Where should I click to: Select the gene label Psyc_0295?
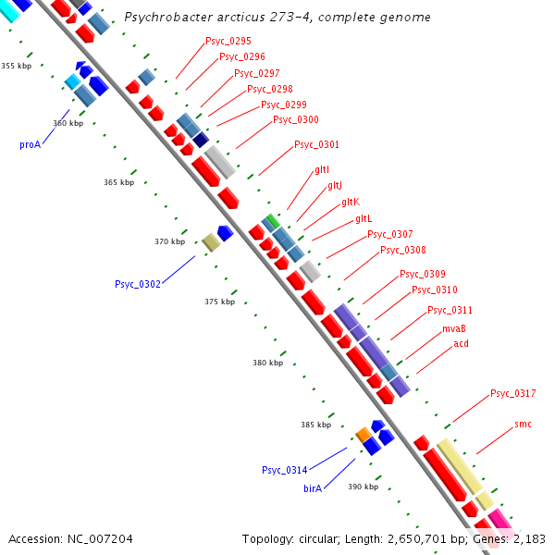coord(227,42)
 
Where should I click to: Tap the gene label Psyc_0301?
coord(316,144)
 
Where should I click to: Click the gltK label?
coord(350,202)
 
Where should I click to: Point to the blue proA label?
coord(31,144)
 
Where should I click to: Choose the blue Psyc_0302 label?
coord(138,284)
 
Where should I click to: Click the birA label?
coord(313,487)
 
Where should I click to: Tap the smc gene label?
coord(523,424)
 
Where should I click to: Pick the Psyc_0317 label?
coord(512,393)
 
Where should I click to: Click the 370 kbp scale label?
coord(169,241)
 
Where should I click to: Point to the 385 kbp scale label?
coord(315,425)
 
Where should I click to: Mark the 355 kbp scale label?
coord(16,66)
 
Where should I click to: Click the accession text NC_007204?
coord(70,538)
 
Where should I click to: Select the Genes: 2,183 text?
coord(514,538)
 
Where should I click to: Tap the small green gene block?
coord(271,221)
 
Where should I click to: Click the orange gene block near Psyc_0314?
coord(364,433)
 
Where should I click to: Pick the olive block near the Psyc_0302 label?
coord(211,242)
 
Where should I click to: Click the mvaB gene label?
coord(453,328)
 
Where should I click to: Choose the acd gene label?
coord(461,343)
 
